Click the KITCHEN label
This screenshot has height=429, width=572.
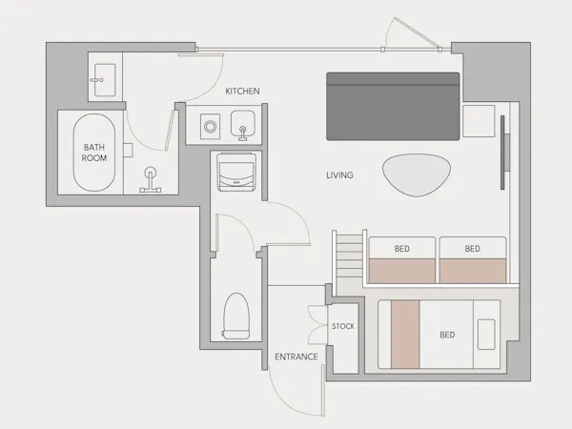(x=242, y=92)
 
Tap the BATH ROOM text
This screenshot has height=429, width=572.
(x=94, y=153)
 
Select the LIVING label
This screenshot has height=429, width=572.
(x=340, y=175)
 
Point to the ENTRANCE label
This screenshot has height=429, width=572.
(x=296, y=357)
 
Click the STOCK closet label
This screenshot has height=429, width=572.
(x=343, y=326)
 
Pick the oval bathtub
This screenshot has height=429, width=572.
(x=94, y=153)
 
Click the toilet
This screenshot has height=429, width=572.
(x=236, y=316)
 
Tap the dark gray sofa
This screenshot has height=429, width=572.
(x=393, y=106)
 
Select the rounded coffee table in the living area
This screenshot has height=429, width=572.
(x=417, y=175)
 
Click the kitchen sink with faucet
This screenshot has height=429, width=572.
(x=243, y=125)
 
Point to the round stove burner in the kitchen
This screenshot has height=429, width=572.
(x=210, y=127)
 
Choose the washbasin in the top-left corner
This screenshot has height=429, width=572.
(x=105, y=80)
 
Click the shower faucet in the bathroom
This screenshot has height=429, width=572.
(x=151, y=179)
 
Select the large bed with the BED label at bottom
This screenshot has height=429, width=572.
(x=439, y=335)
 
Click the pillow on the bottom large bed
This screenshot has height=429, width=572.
(x=486, y=335)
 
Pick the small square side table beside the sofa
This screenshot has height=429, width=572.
(x=479, y=121)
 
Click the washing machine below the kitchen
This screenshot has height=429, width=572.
(x=236, y=173)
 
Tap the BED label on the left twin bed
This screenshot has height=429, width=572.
(x=402, y=249)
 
